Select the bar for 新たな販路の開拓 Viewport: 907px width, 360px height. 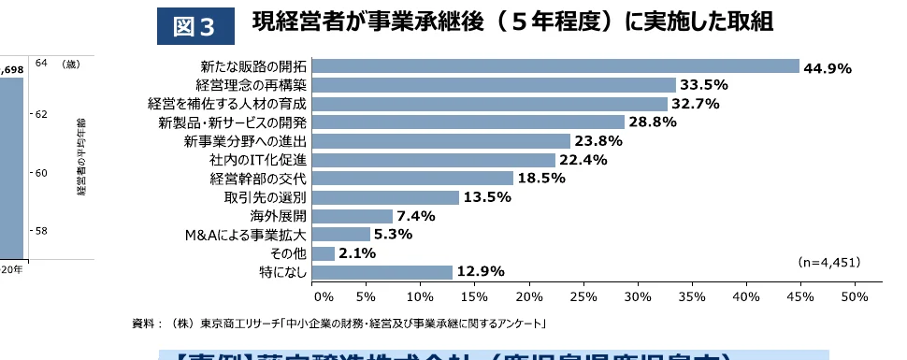555,66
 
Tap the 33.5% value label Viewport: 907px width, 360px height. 702,85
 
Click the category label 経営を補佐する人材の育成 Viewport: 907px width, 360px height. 227,104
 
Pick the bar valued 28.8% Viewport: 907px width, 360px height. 468,122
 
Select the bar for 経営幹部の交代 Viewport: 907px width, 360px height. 412,179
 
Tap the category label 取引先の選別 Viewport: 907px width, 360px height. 265,197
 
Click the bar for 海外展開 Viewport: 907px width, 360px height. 352,216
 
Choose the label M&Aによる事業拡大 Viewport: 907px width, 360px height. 247,235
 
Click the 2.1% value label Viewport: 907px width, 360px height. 357,253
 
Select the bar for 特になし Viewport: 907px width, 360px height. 382,272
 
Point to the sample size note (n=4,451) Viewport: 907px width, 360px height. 829,264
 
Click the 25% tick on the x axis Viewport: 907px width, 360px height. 583,296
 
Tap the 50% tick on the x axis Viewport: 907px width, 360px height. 855,296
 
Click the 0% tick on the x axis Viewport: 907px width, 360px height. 323,296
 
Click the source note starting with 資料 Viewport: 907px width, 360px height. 338,324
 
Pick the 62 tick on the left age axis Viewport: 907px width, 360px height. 40,114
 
